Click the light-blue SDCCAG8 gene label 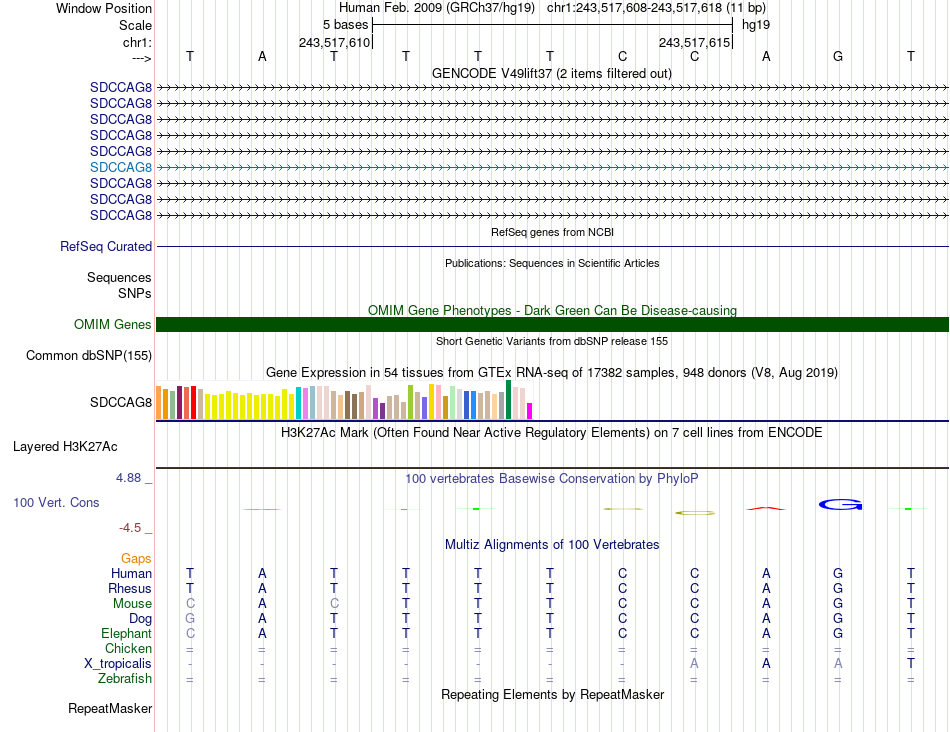(x=121, y=167)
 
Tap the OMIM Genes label (x=113, y=324)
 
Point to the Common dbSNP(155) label (x=89, y=355)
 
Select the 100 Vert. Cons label (x=56, y=502)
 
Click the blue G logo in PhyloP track (x=839, y=504)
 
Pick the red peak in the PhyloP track (x=766, y=508)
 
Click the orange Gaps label (x=136, y=558)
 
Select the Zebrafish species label (x=125, y=679)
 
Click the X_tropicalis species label (x=118, y=664)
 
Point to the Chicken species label (x=128, y=649)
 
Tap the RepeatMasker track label (x=110, y=709)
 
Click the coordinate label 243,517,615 (x=693, y=42)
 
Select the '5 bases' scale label (x=345, y=24)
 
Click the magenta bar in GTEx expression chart (x=529, y=410)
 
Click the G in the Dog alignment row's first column (x=190, y=619)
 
